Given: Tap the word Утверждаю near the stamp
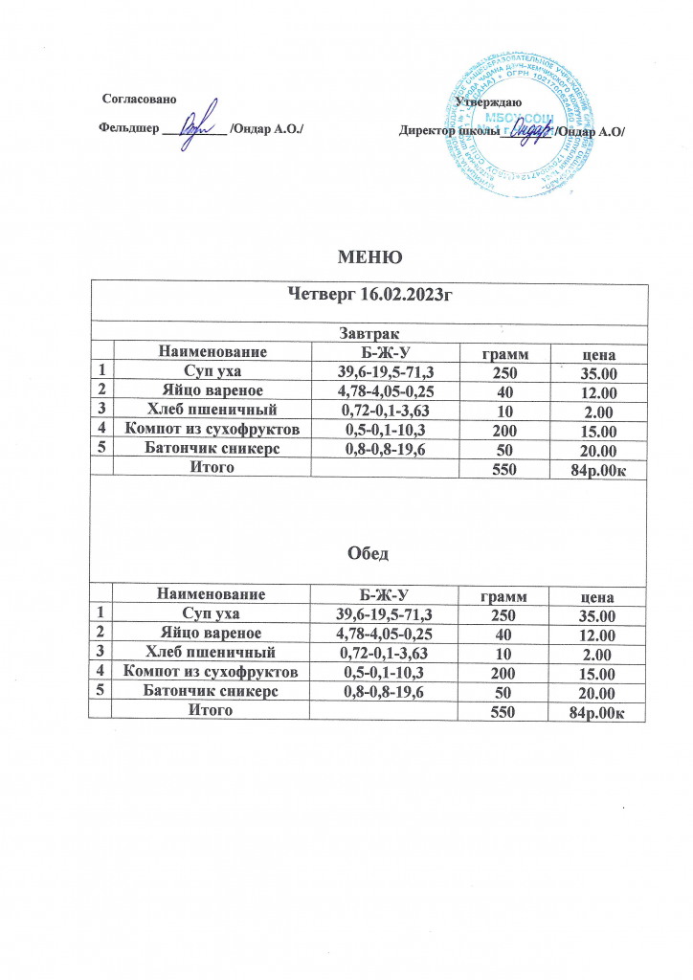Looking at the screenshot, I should pos(488,101).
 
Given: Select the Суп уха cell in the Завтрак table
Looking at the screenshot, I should pos(212,372).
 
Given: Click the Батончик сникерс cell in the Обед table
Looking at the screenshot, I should pos(212,691).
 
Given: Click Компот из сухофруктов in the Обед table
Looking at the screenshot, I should pos(212,672).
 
